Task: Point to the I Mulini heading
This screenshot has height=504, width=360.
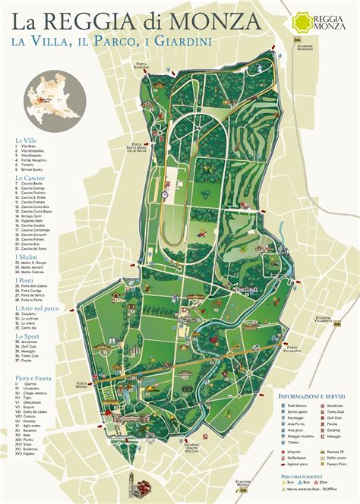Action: [x=27, y=257]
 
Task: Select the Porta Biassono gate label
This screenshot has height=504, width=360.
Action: [x=142, y=65]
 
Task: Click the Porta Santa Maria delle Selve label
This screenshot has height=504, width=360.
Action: [x=141, y=146]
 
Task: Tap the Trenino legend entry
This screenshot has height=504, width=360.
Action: [x=293, y=443]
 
